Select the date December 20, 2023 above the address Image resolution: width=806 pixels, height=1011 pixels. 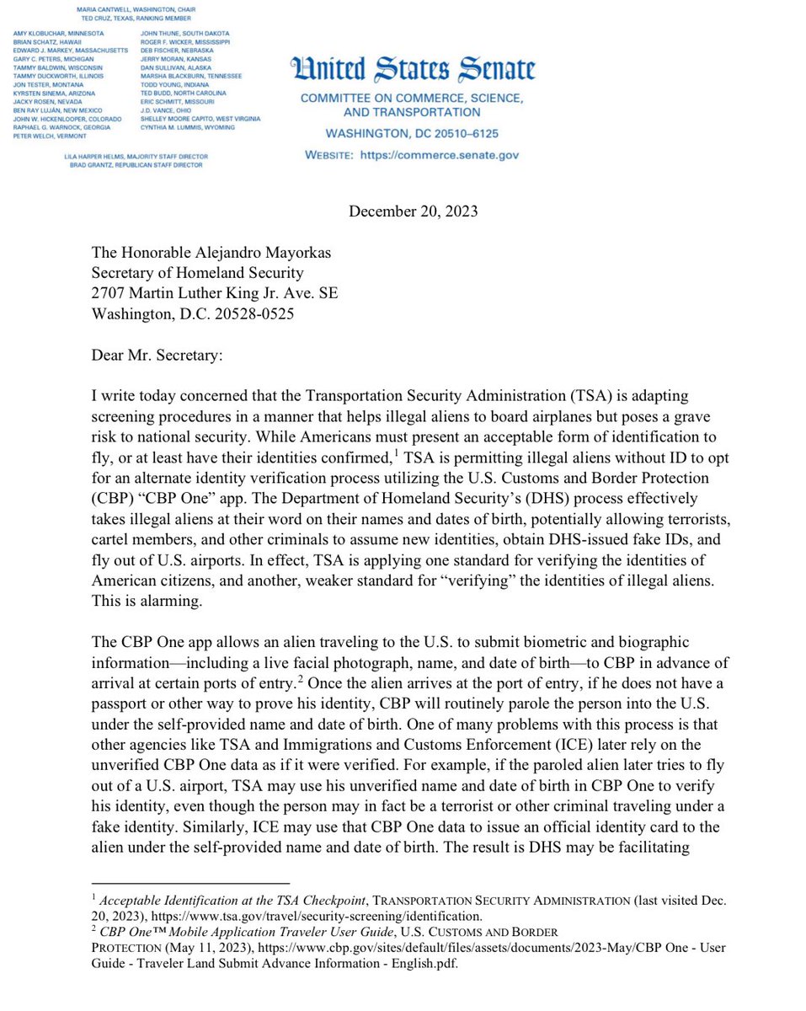(x=413, y=211)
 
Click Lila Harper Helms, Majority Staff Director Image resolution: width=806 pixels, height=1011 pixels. (x=136, y=157)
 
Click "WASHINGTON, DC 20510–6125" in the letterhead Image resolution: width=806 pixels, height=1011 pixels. (x=413, y=134)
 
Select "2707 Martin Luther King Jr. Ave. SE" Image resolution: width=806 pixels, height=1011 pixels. (x=215, y=292)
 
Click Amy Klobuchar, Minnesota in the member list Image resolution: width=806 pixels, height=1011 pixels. (x=58, y=33)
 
